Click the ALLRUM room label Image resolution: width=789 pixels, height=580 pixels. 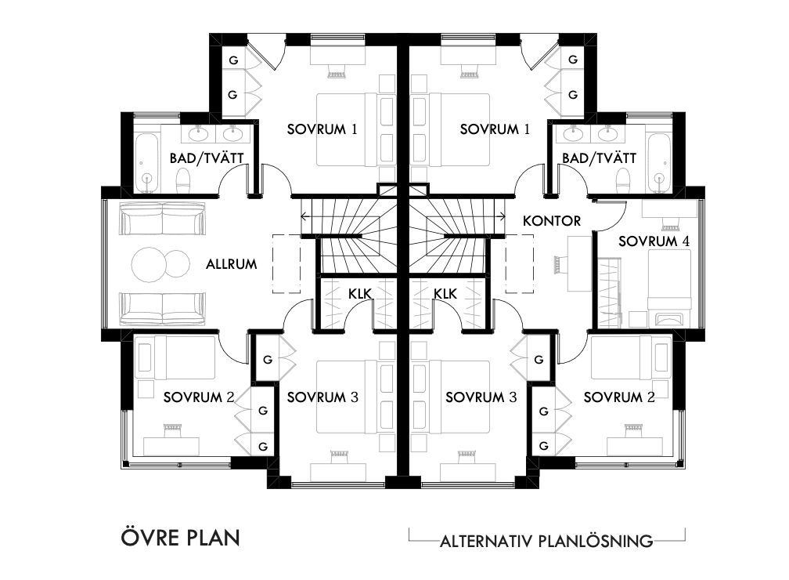(x=232, y=264)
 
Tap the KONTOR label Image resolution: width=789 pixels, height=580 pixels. (x=552, y=221)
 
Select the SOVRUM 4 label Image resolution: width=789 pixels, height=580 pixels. (x=654, y=241)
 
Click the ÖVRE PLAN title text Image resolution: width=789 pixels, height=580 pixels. (x=180, y=537)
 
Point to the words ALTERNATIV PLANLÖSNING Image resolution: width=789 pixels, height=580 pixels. (x=546, y=541)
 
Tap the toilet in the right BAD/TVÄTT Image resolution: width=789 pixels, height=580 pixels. (x=623, y=180)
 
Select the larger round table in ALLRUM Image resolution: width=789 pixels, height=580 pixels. (x=149, y=264)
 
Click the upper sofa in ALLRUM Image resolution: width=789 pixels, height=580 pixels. (x=163, y=218)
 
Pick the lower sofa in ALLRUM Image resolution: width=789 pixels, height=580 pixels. (x=163, y=308)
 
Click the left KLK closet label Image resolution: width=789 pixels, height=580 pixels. (x=360, y=294)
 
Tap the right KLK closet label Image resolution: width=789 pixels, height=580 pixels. (x=445, y=294)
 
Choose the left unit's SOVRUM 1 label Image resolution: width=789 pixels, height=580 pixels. (x=322, y=129)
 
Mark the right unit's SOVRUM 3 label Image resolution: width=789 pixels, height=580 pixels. (x=481, y=397)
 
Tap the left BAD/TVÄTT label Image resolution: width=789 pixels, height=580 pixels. (x=207, y=158)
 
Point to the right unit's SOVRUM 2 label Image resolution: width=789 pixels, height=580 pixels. (x=619, y=397)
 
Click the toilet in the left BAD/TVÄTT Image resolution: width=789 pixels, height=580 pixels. (x=183, y=180)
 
